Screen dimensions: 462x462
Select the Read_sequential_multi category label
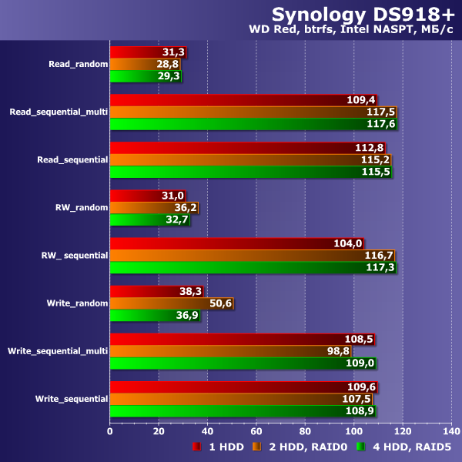tap(58, 112)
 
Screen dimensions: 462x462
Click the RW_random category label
tap(81, 207)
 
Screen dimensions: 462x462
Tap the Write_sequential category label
tap(71, 398)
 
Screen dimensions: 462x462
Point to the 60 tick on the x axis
tap(256, 430)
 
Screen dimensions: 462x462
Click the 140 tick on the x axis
tap(451, 430)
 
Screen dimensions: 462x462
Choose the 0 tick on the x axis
tap(110, 430)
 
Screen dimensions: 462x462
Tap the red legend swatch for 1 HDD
tap(196, 447)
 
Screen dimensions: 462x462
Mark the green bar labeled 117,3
tap(246, 267)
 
